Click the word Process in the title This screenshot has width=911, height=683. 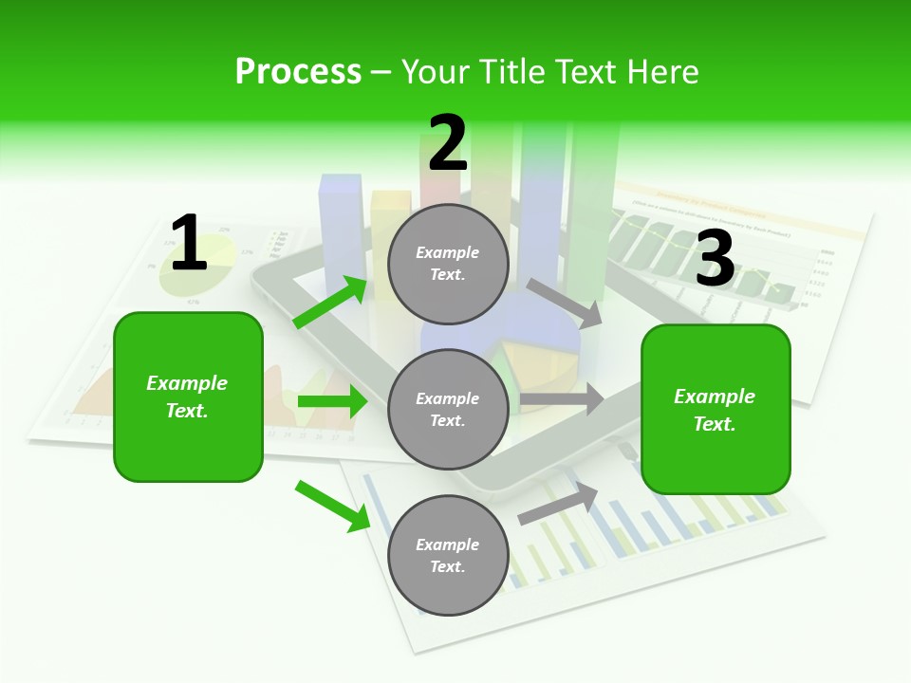pyautogui.click(x=298, y=72)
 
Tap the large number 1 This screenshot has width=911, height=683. pyautogui.click(x=189, y=244)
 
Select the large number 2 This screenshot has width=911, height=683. pyautogui.click(x=448, y=143)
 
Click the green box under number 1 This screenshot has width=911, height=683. pyautogui.click(x=188, y=397)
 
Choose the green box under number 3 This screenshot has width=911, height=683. pyautogui.click(x=716, y=409)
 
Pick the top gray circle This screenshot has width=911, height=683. pyautogui.click(x=448, y=263)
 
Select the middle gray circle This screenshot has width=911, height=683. pyautogui.click(x=448, y=409)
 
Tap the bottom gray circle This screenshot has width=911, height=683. pyautogui.click(x=448, y=555)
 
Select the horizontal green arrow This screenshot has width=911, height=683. pyautogui.click(x=332, y=401)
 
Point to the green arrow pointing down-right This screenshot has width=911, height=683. pyautogui.click(x=332, y=505)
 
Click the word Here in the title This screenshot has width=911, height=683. pyautogui.click(x=661, y=72)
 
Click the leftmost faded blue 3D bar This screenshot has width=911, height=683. pyautogui.click(x=341, y=228)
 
